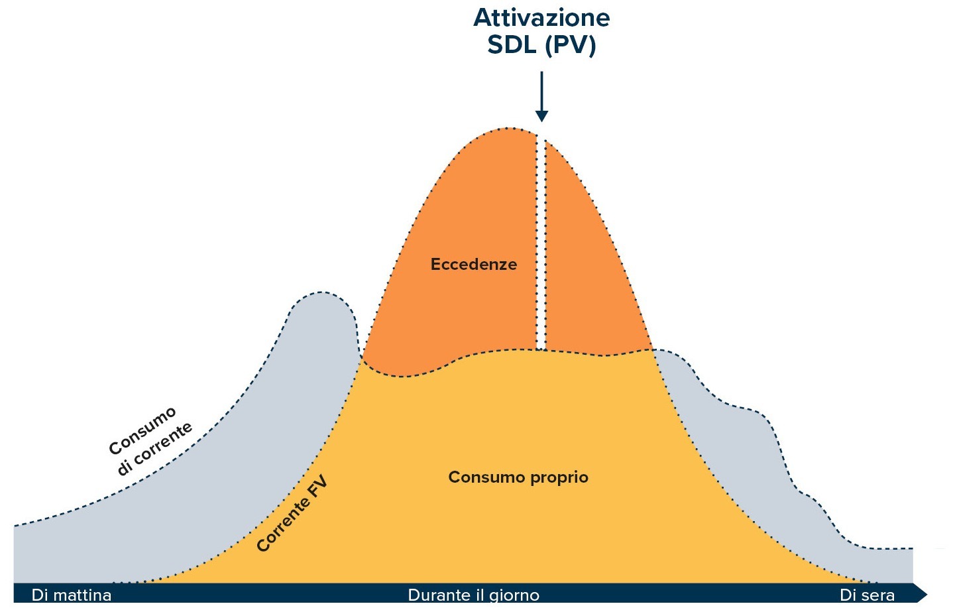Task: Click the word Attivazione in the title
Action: point(541,17)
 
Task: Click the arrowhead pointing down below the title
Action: point(541,115)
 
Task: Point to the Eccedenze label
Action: point(473,265)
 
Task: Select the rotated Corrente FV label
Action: point(292,514)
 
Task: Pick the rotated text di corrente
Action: point(155,449)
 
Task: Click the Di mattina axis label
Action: point(72,595)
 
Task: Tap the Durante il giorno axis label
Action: point(473,595)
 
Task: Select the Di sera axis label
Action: point(867,595)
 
